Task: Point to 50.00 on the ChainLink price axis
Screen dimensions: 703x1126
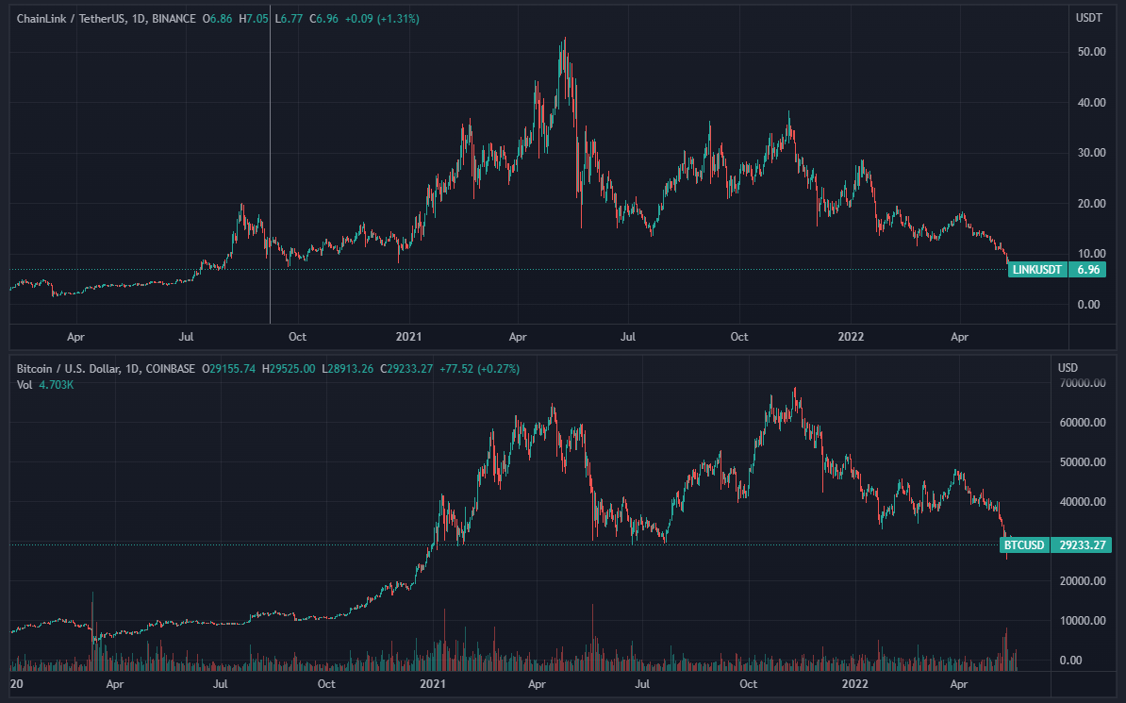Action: tap(1091, 52)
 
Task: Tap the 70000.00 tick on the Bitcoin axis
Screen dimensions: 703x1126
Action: tap(1083, 383)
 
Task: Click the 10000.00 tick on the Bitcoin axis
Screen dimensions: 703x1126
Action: tap(1083, 621)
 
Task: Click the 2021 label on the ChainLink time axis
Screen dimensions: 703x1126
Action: tap(409, 336)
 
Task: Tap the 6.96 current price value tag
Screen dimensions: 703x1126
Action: tap(1087, 270)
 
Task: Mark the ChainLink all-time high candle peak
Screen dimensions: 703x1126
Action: tap(564, 39)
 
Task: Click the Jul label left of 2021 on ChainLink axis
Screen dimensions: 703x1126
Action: tap(186, 336)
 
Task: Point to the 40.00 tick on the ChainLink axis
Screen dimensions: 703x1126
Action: tap(1091, 102)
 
